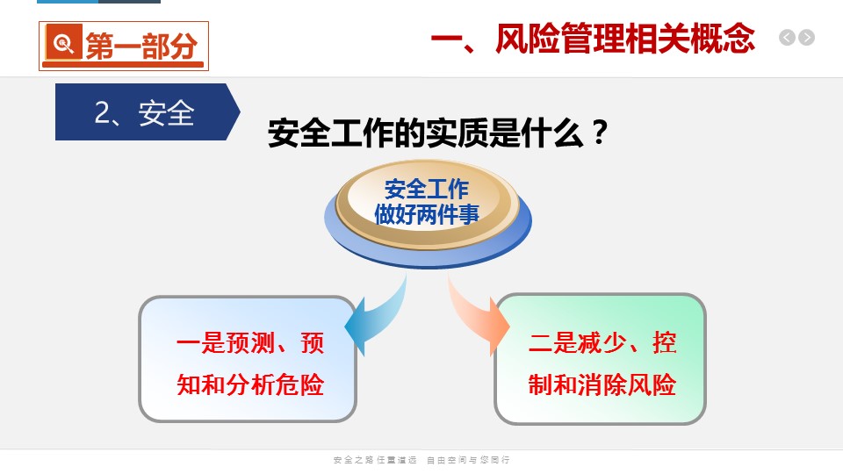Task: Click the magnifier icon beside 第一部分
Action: [64, 42]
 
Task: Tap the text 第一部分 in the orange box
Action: [141, 46]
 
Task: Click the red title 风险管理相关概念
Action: [625, 39]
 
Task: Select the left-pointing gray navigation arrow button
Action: [787, 38]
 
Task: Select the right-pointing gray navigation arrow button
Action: [806, 38]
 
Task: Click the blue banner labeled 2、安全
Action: [148, 111]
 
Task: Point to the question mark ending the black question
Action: [599, 133]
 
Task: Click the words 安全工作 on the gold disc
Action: [427, 190]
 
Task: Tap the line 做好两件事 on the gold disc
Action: [427, 214]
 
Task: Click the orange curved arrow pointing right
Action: [479, 316]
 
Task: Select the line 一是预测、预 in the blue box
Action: [250, 343]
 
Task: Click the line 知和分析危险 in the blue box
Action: [250, 384]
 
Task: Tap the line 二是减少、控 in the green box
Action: [602, 343]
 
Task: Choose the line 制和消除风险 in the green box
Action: [602, 384]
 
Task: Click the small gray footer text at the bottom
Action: [421, 460]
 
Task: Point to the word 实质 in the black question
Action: [457, 133]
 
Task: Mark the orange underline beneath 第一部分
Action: [123, 65]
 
